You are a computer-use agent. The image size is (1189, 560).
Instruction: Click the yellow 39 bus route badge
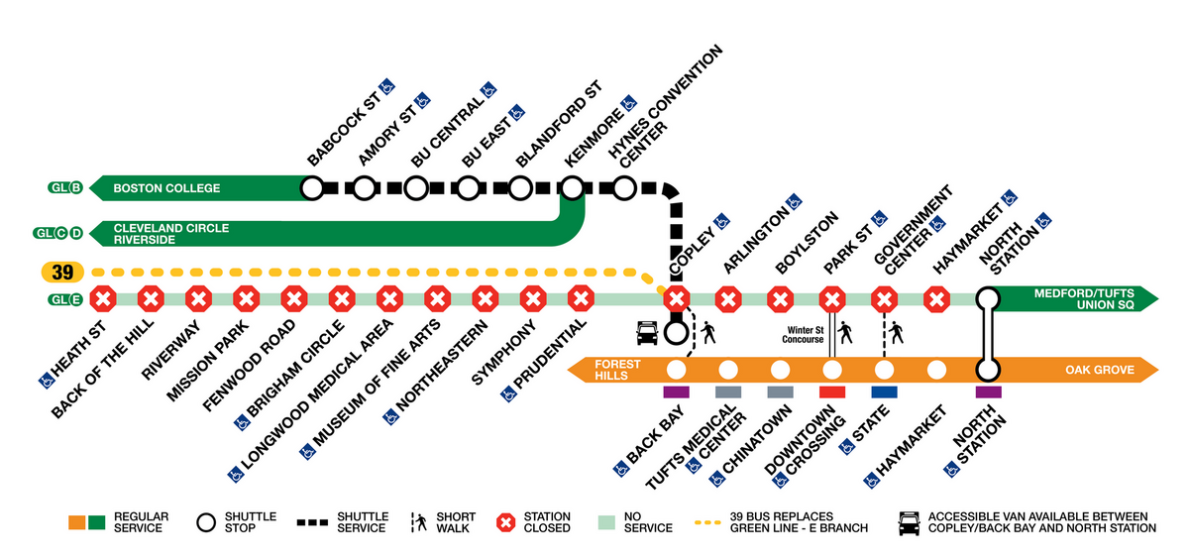(62, 272)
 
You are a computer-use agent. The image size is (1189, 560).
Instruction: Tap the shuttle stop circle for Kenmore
(573, 186)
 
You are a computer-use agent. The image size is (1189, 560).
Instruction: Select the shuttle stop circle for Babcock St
(312, 186)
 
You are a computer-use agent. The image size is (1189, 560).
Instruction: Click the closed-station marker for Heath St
(103, 297)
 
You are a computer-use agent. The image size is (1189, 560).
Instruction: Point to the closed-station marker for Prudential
(581, 297)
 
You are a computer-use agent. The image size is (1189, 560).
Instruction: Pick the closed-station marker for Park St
(832, 297)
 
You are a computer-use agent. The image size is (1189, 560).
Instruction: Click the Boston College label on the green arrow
(166, 187)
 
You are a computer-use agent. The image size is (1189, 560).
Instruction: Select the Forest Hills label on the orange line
(617, 370)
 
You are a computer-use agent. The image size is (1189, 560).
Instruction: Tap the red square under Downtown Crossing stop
(832, 392)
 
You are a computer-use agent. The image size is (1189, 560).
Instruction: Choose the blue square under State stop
(884, 392)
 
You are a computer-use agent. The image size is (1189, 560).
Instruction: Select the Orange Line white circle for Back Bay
(677, 371)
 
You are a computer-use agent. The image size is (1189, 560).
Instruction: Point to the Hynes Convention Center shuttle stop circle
(624, 186)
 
